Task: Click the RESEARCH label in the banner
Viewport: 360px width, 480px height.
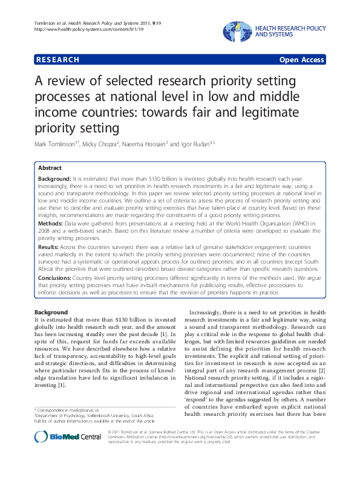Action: tap(58, 60)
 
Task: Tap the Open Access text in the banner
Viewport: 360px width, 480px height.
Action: tap(301, 60)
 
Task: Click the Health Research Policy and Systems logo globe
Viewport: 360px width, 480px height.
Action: tap(237, 31)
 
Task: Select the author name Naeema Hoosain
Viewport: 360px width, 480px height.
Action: tap(160, 145)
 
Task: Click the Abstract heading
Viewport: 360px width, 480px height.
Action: tap(50, 167)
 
